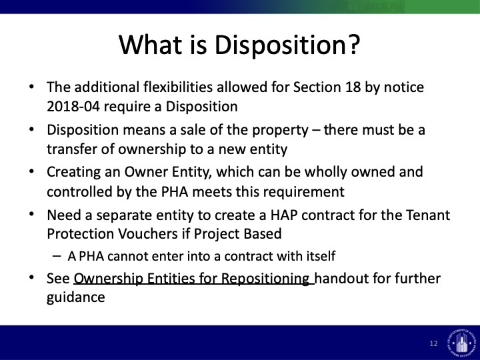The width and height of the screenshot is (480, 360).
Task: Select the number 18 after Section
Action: click(353, 87)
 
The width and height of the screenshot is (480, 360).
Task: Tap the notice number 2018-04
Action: click(73, 107)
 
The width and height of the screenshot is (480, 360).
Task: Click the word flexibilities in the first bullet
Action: click(178, 87)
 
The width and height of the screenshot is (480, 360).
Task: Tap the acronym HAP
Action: click(284, 215)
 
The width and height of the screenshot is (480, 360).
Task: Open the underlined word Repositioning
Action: click(265, 279)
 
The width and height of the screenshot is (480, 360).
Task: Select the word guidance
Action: click(75, 297)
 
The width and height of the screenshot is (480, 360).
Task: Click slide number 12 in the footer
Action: click(433, 343)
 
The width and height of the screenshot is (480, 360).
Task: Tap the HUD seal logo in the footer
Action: click(461, 341)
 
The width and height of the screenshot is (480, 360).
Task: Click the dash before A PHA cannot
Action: click(57, 256)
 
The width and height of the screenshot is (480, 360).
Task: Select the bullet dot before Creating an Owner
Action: click(31, 171)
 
